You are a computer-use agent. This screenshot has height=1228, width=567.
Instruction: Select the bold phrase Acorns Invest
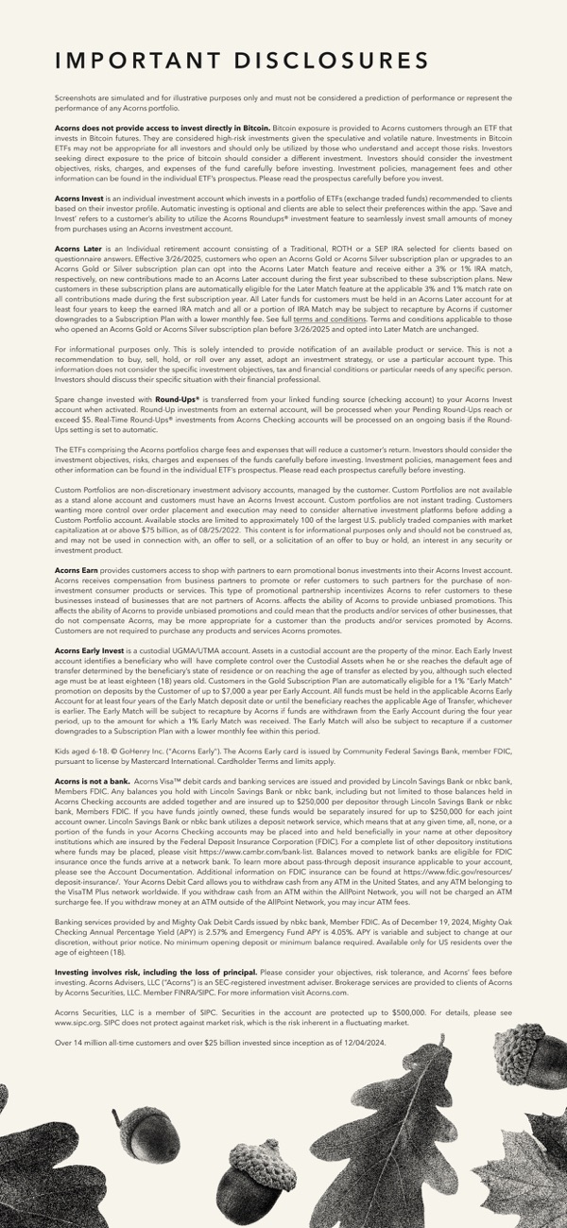click(x=79, y=198)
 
